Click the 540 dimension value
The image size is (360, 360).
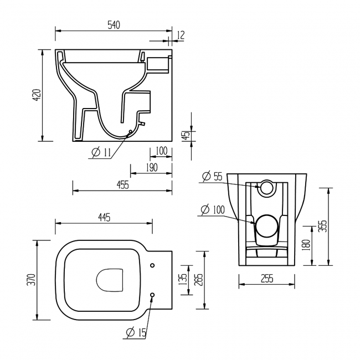coord(114,25)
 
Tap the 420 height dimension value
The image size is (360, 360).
coord(37,95)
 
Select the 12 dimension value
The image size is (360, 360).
coord(181,35)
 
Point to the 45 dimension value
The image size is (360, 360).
coord(187,135)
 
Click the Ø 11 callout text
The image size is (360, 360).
coord(101,152)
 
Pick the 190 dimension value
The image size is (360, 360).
coord(152,168)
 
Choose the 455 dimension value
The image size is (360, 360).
coord(123,185)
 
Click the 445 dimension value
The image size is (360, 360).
coord(104,217)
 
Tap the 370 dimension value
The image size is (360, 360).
coord(31,280)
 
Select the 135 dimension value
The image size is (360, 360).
coord(183,279)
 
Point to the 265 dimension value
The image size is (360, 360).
coord(199,280)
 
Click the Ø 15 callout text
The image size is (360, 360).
coord(136,332)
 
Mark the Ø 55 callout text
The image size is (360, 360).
coord(212,176)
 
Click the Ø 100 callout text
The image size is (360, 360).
coord(213,209)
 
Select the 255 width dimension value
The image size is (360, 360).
coord(268,279)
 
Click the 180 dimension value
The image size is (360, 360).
coord(307,245)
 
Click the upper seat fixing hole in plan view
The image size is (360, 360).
coord(152,265)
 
